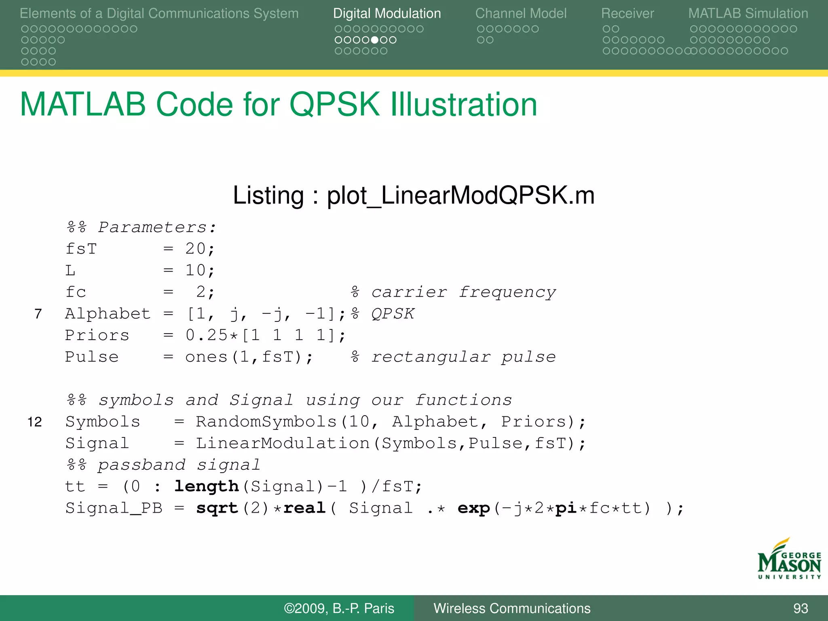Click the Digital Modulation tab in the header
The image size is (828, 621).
pos(387,14)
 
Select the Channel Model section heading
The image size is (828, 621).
pos(521,14)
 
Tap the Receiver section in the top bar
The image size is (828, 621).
pos(627,14)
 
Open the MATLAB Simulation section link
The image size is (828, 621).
pos(748,14)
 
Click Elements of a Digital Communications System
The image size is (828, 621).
pos(159,14)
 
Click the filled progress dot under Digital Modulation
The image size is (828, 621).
pos(375,40)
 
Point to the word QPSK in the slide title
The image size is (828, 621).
pos(335,105)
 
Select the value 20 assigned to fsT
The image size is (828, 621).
pos(196,249)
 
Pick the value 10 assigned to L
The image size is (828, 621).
pos(196,270)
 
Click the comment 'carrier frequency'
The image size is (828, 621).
pos(463,292)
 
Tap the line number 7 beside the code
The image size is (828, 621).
pos(38,314)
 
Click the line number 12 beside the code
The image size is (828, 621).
pos(35,422)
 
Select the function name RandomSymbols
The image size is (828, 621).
pos(266,422)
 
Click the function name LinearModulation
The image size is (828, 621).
pos(283,444)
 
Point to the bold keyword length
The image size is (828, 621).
pos(207,486)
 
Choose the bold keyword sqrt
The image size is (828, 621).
pos(217,508)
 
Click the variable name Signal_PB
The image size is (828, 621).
pos(114,508)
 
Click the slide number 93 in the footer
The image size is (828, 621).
pos(801,608)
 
